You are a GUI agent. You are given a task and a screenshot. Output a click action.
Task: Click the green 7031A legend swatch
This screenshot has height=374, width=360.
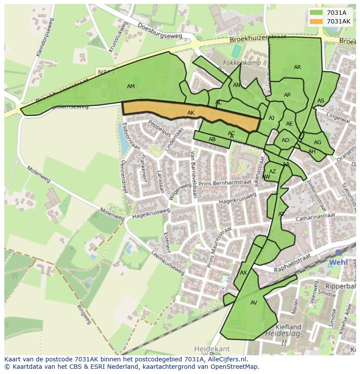pos(317,13)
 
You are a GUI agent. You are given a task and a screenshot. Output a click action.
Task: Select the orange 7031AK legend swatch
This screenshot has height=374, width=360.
pos(317,21)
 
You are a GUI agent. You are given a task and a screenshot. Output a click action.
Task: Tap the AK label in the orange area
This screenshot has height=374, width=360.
pos(191,113)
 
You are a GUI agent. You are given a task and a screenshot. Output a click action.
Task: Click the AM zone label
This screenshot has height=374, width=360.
pos(131,86)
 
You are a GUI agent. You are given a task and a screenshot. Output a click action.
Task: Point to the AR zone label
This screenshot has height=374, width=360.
pos(297,67)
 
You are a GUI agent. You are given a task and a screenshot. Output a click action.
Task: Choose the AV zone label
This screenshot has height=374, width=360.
pos(254,303)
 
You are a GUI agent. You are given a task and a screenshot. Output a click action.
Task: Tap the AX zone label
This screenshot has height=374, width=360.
pos(243,273)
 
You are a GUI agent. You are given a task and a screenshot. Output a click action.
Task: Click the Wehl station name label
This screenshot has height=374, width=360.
pos(338,262)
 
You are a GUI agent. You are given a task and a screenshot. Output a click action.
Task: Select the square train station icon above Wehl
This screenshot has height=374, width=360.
pos(339,252)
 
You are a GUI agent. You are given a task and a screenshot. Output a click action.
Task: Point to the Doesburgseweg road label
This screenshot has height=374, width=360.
pos(159,31)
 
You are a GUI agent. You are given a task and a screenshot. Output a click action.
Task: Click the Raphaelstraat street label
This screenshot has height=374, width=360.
pos(293,263)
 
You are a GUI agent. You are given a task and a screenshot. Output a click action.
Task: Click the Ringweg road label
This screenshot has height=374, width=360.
pos(84,315)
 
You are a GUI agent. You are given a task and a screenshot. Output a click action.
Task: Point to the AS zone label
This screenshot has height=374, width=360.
pos(321,101)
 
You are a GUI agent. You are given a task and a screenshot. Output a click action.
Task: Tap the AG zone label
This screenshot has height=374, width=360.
pos(318,142)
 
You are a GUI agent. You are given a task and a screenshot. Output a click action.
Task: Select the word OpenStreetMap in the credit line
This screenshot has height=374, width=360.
pos(235,367)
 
